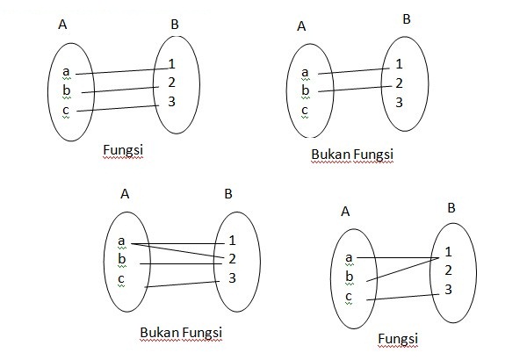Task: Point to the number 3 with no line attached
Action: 399,103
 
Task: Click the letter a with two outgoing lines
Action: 121,240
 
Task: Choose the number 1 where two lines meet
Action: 448,252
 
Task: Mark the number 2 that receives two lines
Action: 232,258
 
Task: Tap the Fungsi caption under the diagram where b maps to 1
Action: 397,338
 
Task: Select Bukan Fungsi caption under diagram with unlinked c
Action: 352,155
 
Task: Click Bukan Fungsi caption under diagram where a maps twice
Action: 181,333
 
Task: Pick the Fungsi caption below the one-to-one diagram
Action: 123,150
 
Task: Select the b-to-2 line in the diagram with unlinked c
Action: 351,87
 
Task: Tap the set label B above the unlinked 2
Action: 406,18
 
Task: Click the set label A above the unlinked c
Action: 301,26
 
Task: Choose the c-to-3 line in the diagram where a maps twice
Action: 181,284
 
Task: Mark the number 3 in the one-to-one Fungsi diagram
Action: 172,101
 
